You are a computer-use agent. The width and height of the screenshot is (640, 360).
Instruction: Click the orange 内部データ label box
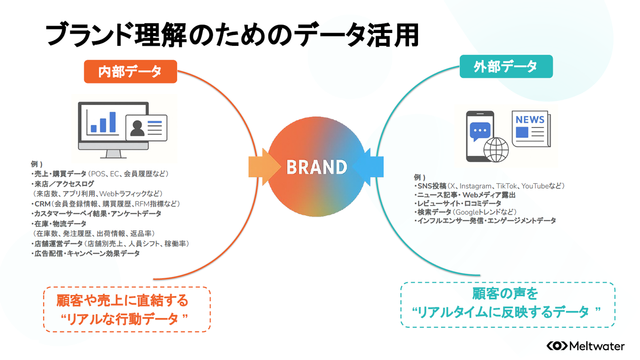(130, 71)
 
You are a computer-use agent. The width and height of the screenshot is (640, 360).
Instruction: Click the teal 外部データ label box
(506, 66)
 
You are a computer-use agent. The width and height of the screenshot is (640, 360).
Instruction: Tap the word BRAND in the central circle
(317, 167)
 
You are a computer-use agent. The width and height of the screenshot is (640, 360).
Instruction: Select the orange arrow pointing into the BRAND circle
(264, 167)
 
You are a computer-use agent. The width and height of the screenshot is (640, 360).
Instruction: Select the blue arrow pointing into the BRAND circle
(368, 167)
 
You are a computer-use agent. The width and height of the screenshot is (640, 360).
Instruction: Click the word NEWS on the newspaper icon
(530, 120)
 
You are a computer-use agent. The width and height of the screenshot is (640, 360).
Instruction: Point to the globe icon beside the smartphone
(496, 150)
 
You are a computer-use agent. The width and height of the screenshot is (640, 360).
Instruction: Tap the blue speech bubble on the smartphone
(480, 131)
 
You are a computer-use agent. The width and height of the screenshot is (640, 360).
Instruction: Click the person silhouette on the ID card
(137, 128)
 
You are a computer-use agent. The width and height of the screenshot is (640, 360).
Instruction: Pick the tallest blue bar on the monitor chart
(113, 122)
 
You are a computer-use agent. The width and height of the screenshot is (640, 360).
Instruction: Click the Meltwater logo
(586, 346)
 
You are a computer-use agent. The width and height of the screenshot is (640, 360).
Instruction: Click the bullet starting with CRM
(106, 204)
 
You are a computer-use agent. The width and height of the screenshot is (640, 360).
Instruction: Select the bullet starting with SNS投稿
(489, 186)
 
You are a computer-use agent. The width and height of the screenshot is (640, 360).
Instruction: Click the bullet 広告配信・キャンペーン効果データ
(86, 254)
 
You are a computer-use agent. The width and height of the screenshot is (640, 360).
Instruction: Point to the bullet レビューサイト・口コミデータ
(458, 203)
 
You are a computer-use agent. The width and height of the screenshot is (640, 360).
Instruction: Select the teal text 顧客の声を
(505, 294)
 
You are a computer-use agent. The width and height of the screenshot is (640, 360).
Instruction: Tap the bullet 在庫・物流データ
(59, 224)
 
